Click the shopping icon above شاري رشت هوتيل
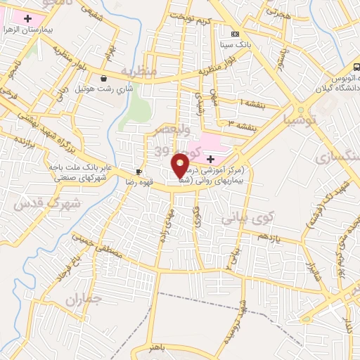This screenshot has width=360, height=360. pyautogui.click(x=105, y=79)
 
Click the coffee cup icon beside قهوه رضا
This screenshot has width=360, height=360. pyautogui.click(x=139, y=172)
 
